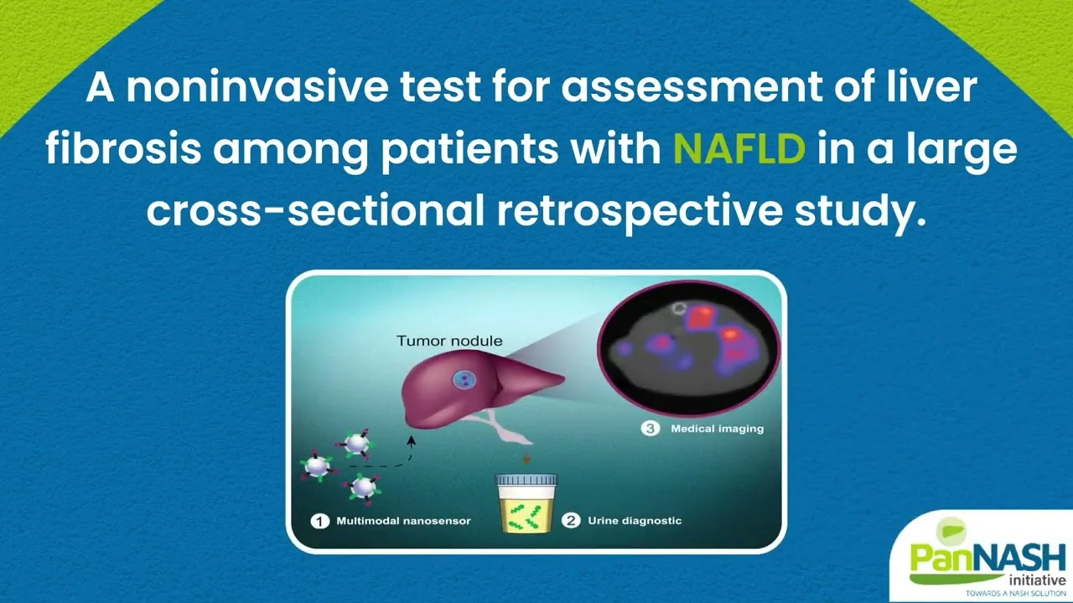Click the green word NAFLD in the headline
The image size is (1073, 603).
pos(739,148)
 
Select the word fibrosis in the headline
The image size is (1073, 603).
pos(123,148)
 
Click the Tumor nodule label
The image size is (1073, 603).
pos(449,341)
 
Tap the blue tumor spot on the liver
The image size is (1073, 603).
pos(464,380)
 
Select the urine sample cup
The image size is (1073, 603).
pos(526,503)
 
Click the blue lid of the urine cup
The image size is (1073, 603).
pos(526,479)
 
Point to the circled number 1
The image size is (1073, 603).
pos(320,521)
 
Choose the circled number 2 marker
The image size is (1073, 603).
pos(571,521)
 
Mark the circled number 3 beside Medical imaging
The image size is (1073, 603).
pos(650,428)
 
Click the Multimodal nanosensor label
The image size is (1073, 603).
pos(403,521)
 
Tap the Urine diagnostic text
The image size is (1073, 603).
pos(635,521)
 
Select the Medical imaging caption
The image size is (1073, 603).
pos(717,429)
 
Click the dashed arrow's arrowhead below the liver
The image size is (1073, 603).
pos(411,441)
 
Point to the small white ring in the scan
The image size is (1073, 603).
pos(678,309)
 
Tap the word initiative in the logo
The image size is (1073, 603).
pos(1038,580)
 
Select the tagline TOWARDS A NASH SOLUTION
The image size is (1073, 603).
pos(1015,594)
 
